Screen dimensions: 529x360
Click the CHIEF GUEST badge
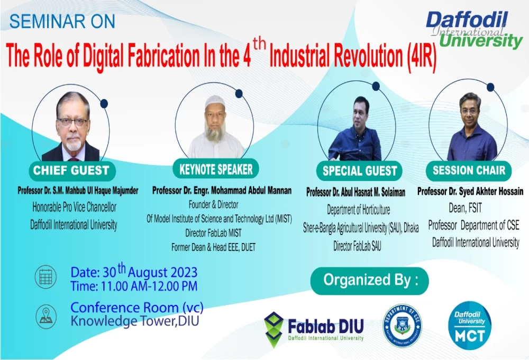click(72, 170)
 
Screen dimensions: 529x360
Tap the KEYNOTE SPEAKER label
click(216, 169)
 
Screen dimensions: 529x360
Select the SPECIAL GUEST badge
click(359, 171)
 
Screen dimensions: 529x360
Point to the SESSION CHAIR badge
click(469, 170)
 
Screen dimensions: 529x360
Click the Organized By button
click(370, 281)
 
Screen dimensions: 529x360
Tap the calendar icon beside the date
click(46, 277)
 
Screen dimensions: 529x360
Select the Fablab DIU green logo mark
click(273, 330)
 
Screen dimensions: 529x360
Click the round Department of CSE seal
click(403, 325)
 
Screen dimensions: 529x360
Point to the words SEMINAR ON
click(62, 21)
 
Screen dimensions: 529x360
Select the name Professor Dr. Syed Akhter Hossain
click(470, 192)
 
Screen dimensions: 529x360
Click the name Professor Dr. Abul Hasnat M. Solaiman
click(356, 192)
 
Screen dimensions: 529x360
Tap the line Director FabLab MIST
click(213, 233)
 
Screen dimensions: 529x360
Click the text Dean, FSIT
click(465, 208)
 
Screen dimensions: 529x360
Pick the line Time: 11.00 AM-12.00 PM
click(134, 286)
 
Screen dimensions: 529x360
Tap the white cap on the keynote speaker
click(215, 101)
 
